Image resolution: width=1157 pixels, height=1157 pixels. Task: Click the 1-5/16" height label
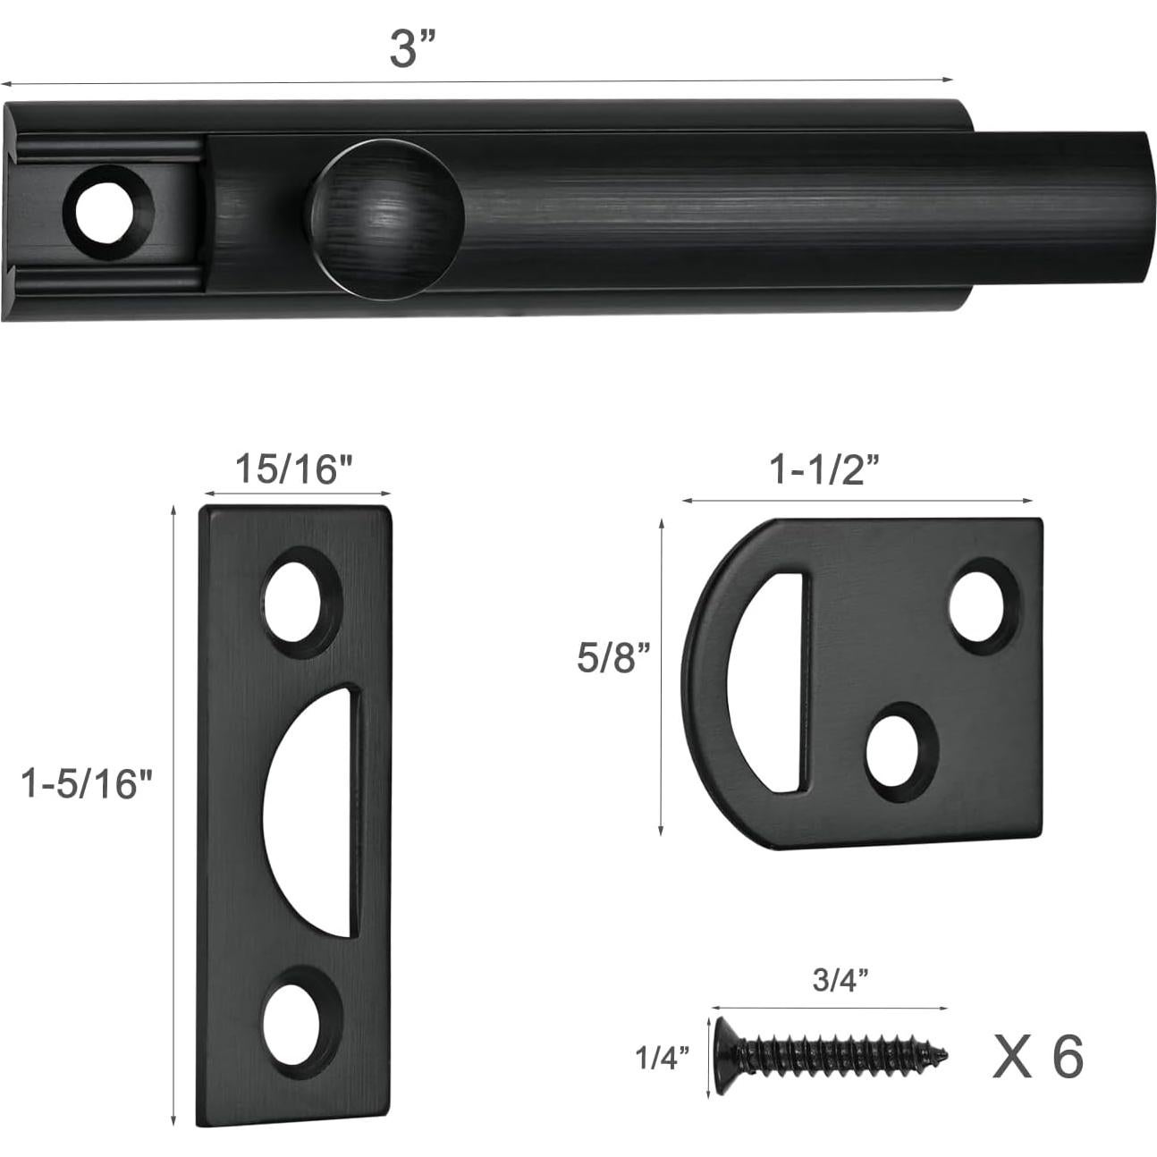pos(88,784)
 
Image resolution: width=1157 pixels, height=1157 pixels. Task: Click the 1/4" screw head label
pos(662,1058)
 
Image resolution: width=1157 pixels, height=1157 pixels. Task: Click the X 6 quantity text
pos(1037,1056)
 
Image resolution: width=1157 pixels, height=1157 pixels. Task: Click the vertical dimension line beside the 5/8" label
pos(661,677)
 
